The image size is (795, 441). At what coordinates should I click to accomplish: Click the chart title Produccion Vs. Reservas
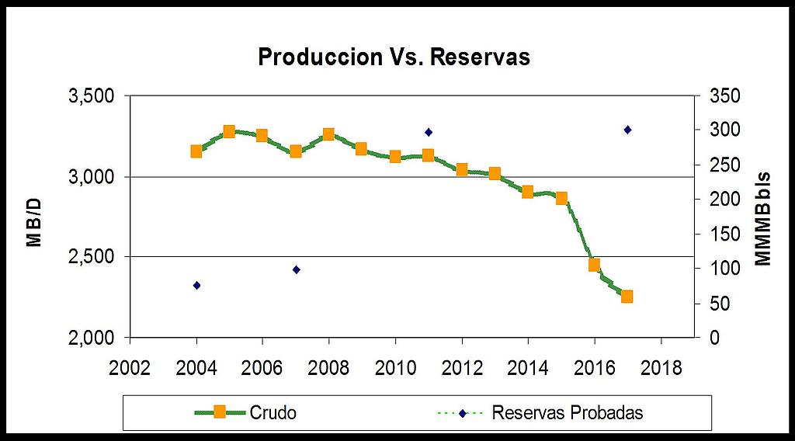[394, 57]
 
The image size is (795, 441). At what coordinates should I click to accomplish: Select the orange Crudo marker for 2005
[229, 132]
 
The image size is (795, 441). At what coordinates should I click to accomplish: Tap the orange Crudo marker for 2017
[627, 296]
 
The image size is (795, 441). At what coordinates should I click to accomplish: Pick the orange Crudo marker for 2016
[594, 265]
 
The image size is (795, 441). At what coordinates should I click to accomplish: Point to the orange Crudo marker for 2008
[328, 134]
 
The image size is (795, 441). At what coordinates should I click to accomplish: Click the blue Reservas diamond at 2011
[428, 133]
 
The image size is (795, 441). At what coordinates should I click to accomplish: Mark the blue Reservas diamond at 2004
[196, 286]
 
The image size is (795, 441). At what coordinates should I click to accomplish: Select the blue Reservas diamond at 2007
[296, 269]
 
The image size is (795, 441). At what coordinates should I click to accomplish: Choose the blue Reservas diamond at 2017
[627, 130]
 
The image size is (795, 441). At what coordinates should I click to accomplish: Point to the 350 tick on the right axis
[723, 96]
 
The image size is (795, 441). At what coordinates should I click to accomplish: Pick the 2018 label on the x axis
[661, 367]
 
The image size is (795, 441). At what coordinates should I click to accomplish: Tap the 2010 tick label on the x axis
[395, 367]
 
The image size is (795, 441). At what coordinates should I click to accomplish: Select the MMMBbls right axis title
[764, 217]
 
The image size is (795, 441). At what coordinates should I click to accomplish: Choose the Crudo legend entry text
[273, 412]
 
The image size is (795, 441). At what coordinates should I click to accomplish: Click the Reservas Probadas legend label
[568, 412]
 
